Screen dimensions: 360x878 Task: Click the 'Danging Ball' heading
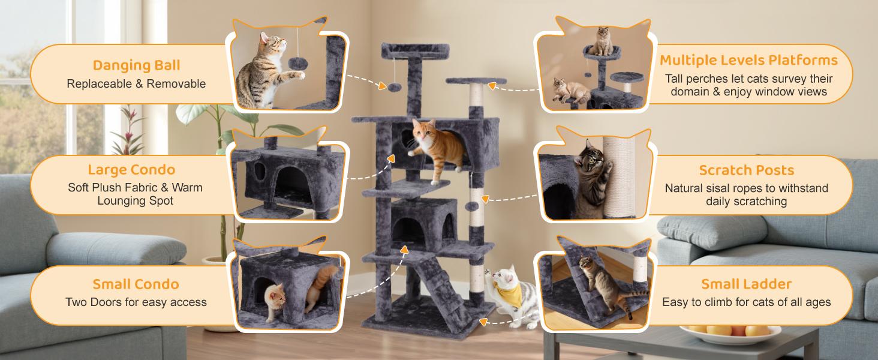tap(136, 65)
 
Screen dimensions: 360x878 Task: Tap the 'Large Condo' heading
tap(131, 170)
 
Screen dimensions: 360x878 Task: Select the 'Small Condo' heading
tap(136, 284)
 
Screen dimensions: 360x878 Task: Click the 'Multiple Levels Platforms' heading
tap(748, 60)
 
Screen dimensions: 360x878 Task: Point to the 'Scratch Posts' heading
tap(746, 170)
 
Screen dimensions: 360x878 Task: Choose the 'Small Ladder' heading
tap(746, 284)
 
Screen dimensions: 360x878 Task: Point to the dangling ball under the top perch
tap(393, 88)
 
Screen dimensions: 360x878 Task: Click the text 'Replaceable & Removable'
tap(136, 84)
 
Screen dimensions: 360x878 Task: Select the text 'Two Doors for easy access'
tap(136, 302)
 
